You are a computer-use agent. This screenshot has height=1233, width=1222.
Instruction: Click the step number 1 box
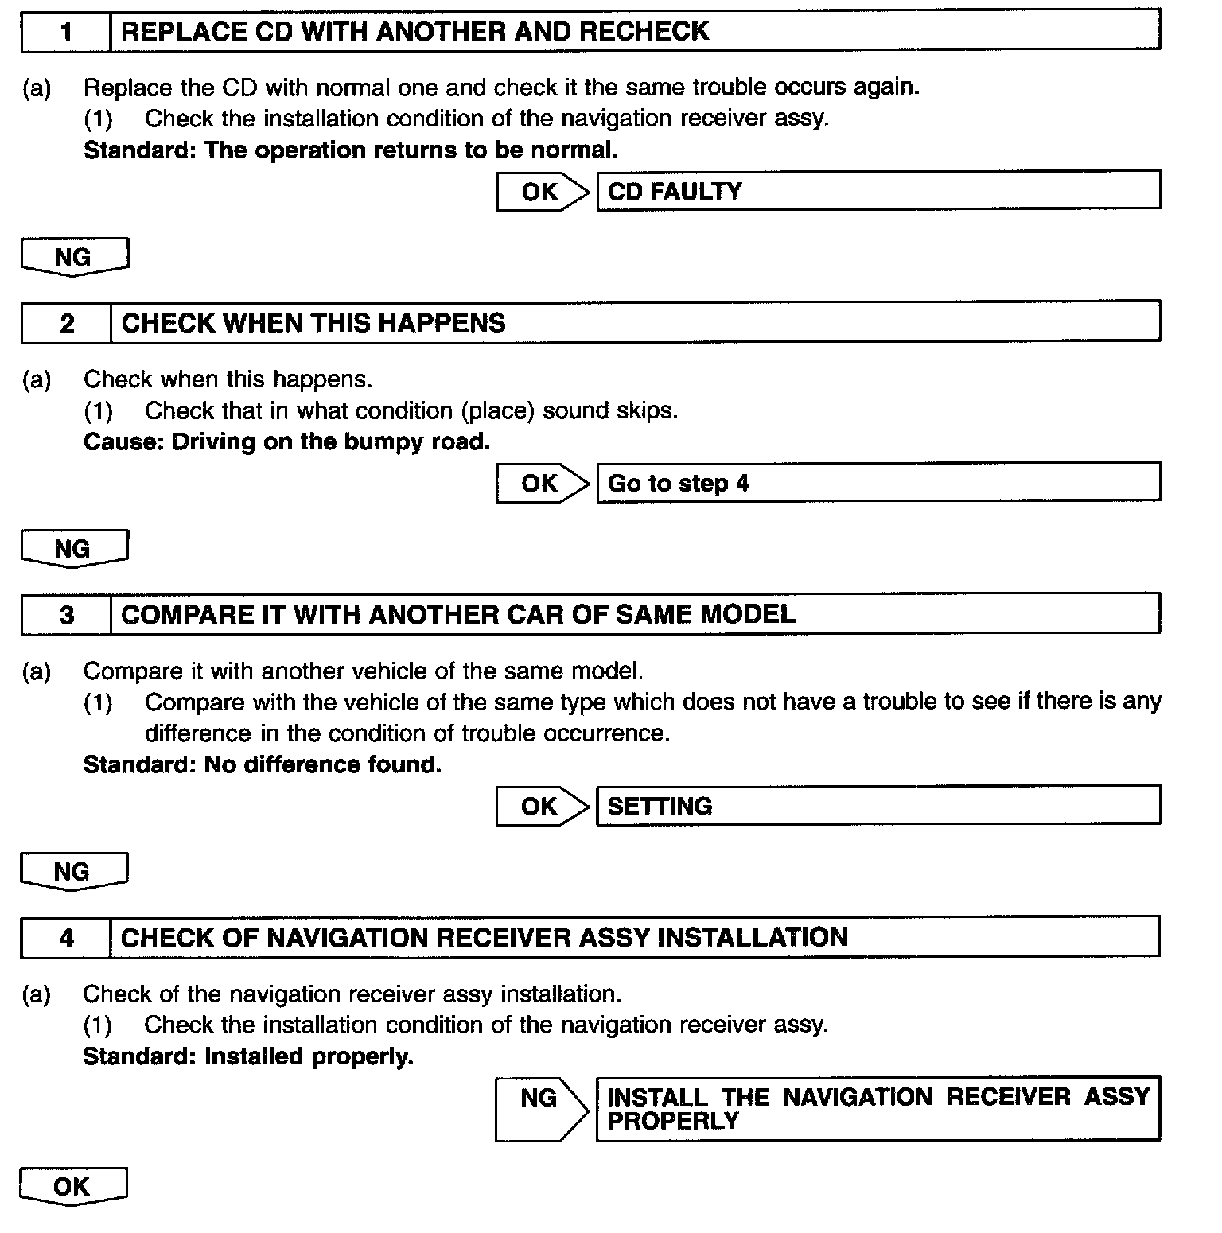tap(66, 33)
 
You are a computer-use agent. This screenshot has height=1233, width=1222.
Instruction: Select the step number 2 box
tap(66, 323)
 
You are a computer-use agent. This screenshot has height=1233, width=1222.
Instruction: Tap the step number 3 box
tap(66, 615)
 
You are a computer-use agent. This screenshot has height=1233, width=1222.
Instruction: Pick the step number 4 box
tap(66, 938)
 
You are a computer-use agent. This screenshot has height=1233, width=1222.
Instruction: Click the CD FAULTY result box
tap(878, 192)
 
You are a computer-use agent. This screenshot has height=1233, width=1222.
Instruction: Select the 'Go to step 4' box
tap(878, 484)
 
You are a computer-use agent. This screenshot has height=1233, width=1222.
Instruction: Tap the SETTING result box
tap(878, 807)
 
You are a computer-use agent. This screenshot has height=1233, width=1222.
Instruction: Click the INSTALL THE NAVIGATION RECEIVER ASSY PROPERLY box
tap(878, 1109)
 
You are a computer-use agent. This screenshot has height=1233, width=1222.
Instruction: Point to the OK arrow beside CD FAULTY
tap(543, 192)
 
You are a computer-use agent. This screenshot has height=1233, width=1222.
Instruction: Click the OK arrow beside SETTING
tap(543, 807)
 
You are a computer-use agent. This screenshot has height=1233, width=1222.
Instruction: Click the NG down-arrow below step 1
tap(74, 257)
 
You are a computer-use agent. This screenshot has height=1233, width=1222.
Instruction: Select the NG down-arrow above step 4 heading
tap(74, 872)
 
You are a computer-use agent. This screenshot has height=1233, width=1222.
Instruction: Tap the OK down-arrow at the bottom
tap(73, 1187)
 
